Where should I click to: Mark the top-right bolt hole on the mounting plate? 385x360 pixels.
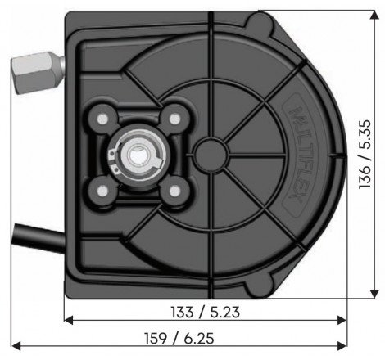pos(173,119)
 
